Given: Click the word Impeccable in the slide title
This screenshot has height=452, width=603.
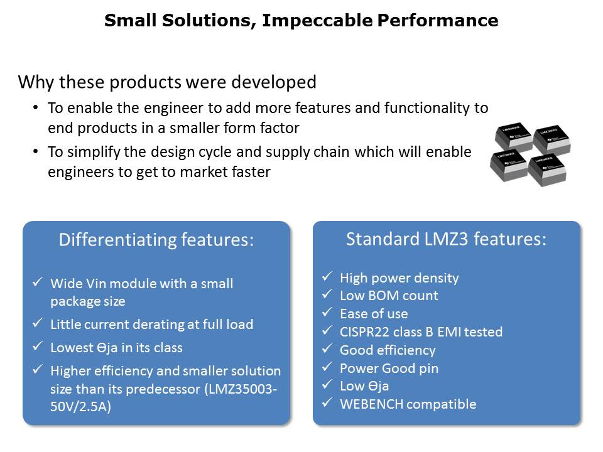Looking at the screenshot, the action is tap(317, 21).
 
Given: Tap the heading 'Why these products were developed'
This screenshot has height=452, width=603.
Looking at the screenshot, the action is tap(167, 82).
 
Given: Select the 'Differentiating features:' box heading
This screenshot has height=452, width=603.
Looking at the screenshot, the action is tap(156, 240).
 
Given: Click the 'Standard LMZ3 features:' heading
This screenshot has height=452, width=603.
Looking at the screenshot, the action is tap(446, 239).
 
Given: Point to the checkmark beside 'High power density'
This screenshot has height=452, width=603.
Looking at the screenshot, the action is tap(327, 276).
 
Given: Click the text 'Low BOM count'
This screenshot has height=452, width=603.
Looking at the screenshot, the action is tap(389, 296).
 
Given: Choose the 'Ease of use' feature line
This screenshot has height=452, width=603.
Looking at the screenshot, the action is tap(374, 314).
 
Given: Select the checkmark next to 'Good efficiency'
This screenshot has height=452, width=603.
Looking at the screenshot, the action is tap(327, 348).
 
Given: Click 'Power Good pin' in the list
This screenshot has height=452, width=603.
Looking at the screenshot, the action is tap(389, 369).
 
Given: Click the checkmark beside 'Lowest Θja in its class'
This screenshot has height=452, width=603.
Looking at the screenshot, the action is tap(37, 347).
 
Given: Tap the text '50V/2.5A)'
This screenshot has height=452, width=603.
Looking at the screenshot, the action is tap(81, 407).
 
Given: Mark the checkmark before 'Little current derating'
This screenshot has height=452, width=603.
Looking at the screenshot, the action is tap(37, 323).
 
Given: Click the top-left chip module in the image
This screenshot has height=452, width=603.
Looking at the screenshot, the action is tap(513, 137).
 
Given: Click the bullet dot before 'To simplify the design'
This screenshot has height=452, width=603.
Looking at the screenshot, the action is tap(35, 151).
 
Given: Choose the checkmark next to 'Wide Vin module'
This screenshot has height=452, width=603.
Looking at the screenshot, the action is tap(37, 282).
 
